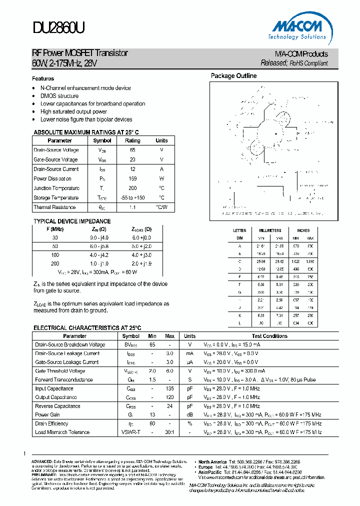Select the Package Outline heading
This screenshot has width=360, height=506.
click(x=233, y=76)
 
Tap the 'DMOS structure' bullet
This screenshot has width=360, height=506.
click(x=59, y=96)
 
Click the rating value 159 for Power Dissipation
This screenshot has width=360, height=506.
click(x=132, y=178)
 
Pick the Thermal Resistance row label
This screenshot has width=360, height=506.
click(x=55, y=207)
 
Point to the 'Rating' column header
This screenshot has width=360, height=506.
click(x=132, y=140)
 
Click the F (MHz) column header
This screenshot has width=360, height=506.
click(x=55, y=229)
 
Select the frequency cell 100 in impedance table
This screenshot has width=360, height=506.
click(x=55, y=255)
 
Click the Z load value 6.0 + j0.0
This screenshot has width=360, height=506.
click(x=141, y=237)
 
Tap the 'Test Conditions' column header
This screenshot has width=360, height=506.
click(x=269, y=336)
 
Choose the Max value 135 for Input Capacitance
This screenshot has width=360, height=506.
click(x=169, y=388)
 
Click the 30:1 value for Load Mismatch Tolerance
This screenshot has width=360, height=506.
click(x=169, y=432)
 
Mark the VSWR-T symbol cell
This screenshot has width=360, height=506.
click(x=131, y=432)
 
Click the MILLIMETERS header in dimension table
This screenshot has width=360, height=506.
click(x=270, y=230)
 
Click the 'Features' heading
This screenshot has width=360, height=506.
click(x=43, y=78)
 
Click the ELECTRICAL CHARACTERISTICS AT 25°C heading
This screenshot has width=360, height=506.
click(x=87, y=328)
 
